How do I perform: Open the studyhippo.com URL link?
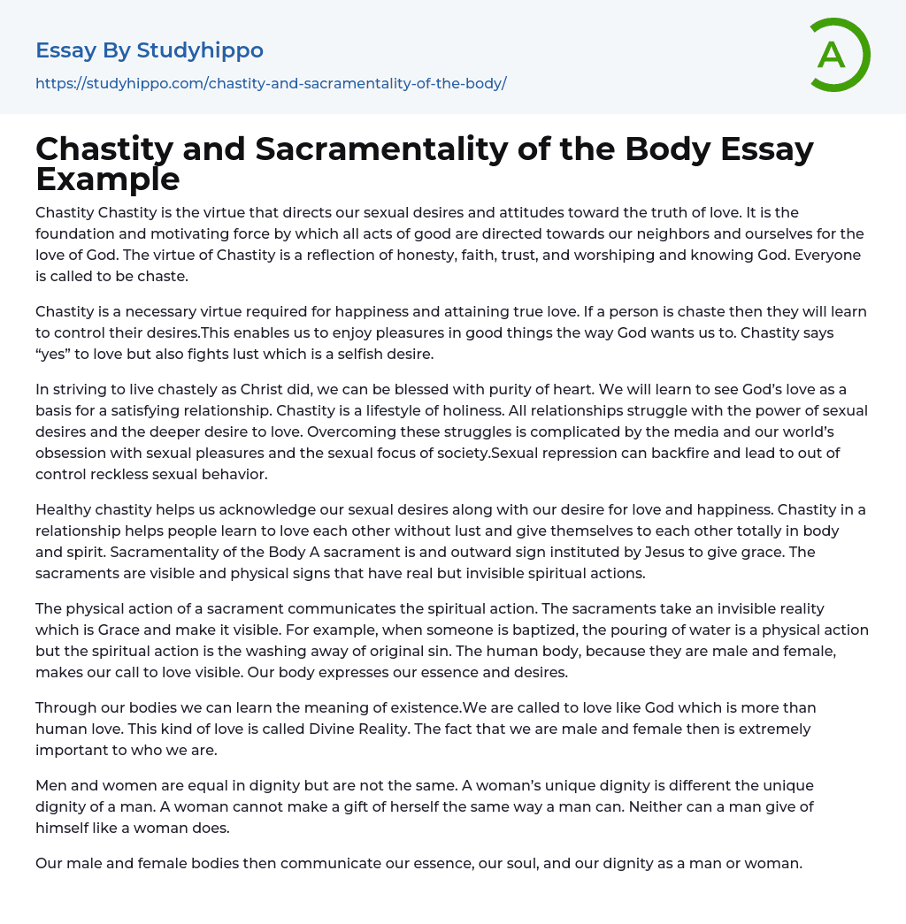[271, 83]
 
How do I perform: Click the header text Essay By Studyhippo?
[150, 50]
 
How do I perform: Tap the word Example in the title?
[108, 179]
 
